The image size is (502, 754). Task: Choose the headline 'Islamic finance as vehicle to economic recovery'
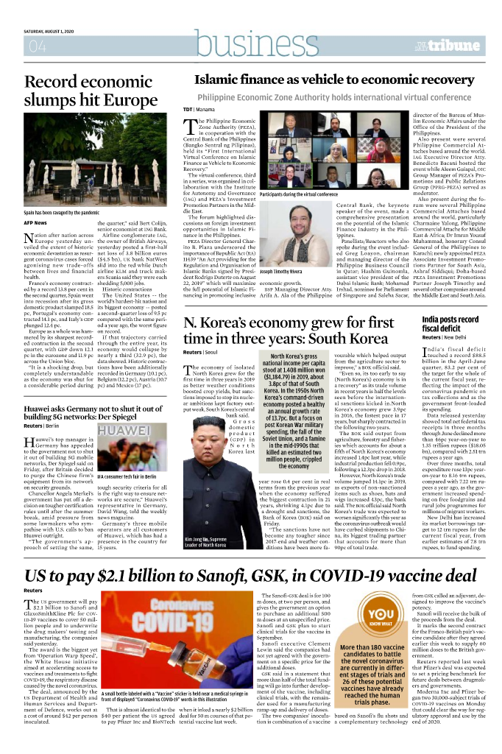(x=333, y=80)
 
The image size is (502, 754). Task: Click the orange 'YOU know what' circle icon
(x=380, y=617)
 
